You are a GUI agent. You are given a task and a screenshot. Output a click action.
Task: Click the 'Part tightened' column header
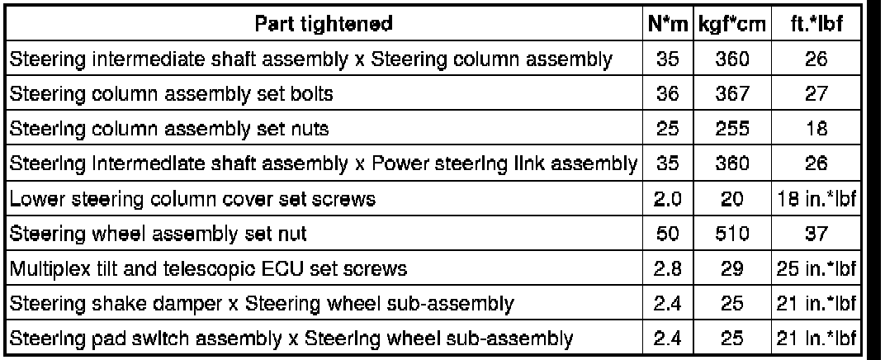(324, 25)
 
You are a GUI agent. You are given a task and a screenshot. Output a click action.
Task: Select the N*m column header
(667, 25)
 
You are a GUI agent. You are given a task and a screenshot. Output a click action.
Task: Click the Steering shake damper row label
(263, 304)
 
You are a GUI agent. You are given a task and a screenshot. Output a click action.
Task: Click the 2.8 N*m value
(667, 269)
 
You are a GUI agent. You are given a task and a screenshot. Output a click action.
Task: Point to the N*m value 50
(667, 234)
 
